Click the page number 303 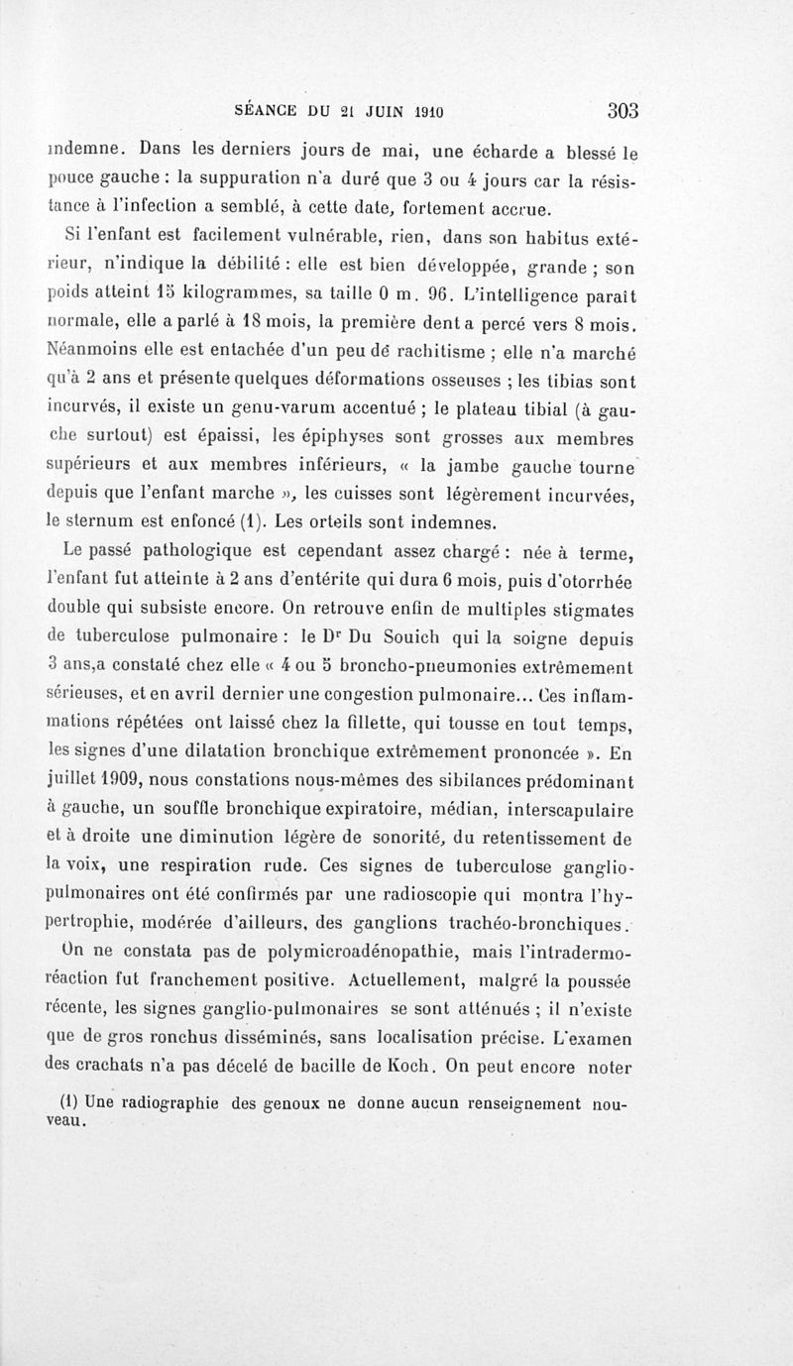[618, 110]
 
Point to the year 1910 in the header [433, 111]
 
